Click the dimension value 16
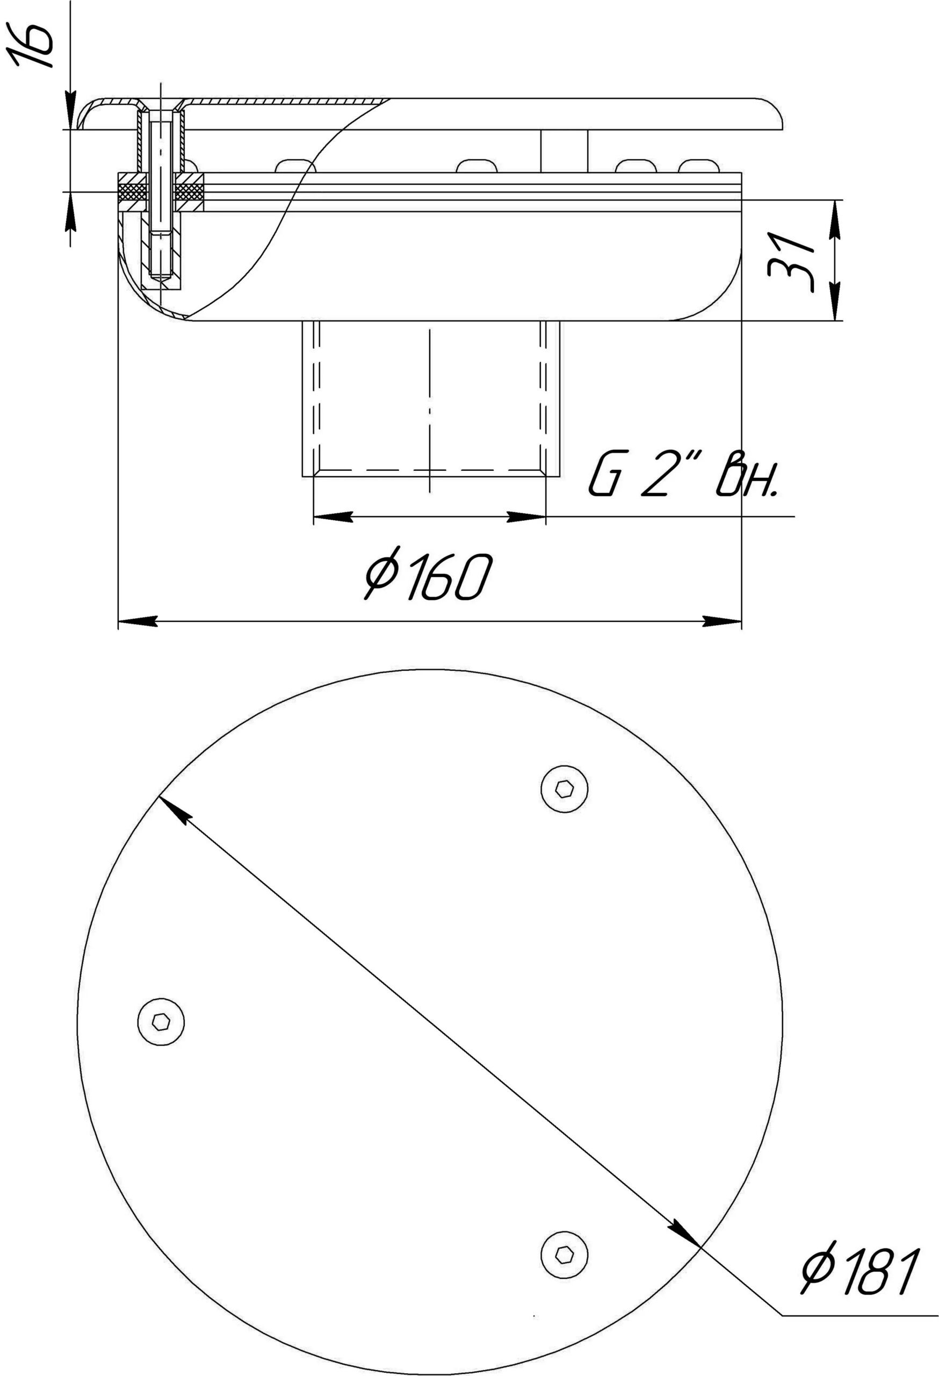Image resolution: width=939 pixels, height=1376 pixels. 28,46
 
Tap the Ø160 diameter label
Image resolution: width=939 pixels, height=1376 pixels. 428,577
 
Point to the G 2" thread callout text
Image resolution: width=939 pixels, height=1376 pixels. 683,474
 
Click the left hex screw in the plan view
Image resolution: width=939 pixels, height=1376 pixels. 161,1021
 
